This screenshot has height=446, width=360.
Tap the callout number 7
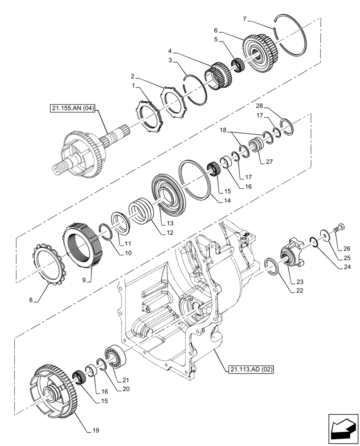click(244, 19)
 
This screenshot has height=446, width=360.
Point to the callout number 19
click(96, 430)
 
